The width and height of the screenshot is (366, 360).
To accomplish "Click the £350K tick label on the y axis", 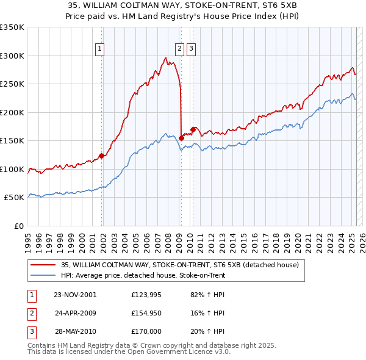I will tap(12, 27).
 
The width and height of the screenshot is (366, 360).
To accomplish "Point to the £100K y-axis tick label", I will tap(12, 169).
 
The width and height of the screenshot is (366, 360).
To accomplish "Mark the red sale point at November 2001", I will tap(102, 156).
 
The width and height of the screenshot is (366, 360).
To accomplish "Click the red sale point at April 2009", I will tap(182, 138).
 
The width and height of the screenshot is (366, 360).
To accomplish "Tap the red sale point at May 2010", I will tap(193, 129).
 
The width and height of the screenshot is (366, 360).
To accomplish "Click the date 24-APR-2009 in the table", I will tap(75, 313).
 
